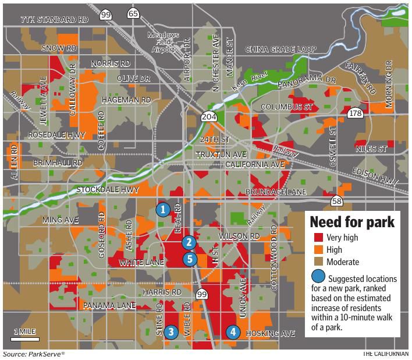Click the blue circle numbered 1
164,209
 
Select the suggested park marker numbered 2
188,242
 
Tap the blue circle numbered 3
170,332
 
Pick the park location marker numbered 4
233,332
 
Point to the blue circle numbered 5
189,259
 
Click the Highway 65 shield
133,12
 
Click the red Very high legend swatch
318,238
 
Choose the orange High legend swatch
318,250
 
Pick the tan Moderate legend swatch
318,262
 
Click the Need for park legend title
352,222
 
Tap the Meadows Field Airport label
163,42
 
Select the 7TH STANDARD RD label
54,19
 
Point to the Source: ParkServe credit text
34,354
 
